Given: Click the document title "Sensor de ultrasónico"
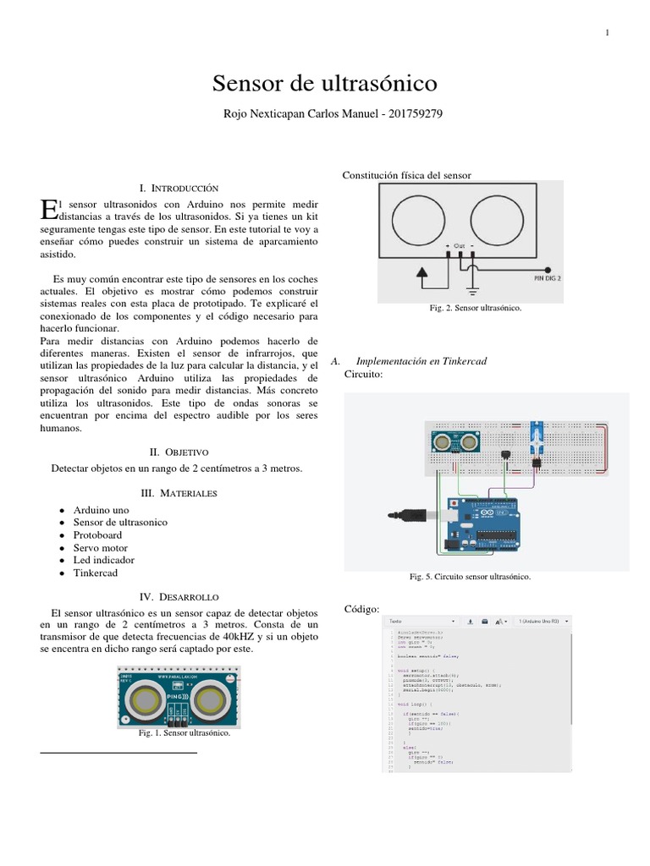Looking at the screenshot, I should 324,83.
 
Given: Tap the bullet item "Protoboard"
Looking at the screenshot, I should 97,534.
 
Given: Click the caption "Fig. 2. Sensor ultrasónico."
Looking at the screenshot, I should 476,308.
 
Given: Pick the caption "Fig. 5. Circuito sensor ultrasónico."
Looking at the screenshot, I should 469,577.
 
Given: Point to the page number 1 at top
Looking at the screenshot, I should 608,33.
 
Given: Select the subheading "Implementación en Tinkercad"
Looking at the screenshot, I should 422,361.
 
